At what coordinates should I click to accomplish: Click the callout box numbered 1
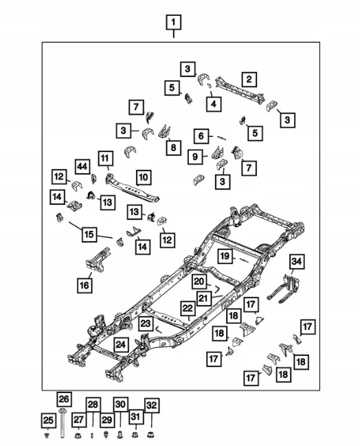(x=174, y=22)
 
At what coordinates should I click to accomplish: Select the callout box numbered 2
(x=249, y=79)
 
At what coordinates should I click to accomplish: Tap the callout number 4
(x=214, y=104)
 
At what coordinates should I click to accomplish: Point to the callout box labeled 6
(x=201, y=136)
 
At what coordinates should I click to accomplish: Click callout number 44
(x=82, y=166)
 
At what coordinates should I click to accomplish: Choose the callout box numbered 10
(x=144, y=177)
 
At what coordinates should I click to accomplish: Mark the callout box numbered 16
(x=85, y=285)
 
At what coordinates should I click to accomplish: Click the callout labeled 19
(x=225, y=256)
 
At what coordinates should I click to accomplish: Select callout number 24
(x=121, y=344)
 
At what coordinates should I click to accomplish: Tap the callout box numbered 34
(x=297, y=261)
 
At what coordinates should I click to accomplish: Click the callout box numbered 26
(x=64, y=399)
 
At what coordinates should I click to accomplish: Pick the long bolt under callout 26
(x=63, y=423)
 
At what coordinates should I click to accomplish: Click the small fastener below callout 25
(x=48, y=435)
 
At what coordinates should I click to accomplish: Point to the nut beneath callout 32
(x=151, y=434)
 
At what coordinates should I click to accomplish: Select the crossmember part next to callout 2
(x=240, y=90)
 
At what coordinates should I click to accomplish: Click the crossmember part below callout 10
(x=133, y=189)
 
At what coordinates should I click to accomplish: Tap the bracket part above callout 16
(x=98, y=260)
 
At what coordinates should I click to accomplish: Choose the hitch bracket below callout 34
(x=284, y=289)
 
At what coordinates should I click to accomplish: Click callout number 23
(x=146, y=323)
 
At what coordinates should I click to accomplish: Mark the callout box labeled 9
(x=195, y=157)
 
